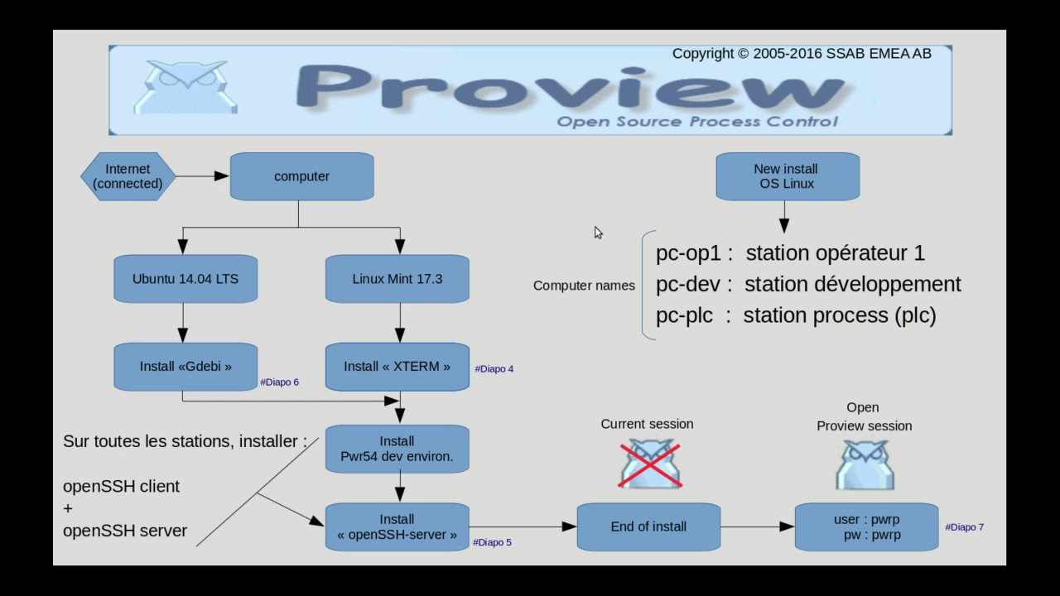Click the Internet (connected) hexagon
pos(128,176)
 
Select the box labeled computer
pos(301,176)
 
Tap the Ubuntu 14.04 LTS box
pos(185,279)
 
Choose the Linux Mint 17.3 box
pos(397,279)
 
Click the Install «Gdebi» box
pos(185,366)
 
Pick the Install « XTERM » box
pos(397,366)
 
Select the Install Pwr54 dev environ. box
pos(397,449)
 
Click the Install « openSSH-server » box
pos(397,527)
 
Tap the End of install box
pos(648,526)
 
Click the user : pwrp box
pos(866,527)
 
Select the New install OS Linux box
pos(788,176)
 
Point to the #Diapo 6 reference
pos(279,382)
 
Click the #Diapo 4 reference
pos(494,369)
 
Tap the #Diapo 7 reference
pos(964,527)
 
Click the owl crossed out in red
pos(650,464)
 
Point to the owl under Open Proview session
pos(865,464)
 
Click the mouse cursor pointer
pos(598,233)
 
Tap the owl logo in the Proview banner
pos(185,87)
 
